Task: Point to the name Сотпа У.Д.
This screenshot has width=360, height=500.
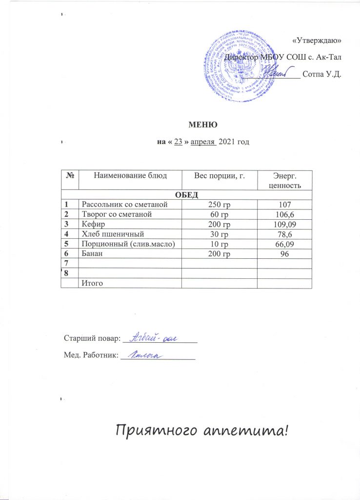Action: [x=321, y=75]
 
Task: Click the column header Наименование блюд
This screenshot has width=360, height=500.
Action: [x=130, y=175]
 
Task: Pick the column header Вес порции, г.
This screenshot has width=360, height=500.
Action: [x=219, y=175]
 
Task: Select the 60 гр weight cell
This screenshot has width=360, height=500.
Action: [x=219, y=214]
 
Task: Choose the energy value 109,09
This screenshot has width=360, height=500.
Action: [x=285, y=224]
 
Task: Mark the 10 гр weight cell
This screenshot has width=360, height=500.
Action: [x=219, y=243]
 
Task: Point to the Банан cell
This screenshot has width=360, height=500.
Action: [x=93, y=253]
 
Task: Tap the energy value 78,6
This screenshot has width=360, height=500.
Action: [x=285, y=233]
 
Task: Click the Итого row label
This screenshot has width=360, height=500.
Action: [x=93, y=283]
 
